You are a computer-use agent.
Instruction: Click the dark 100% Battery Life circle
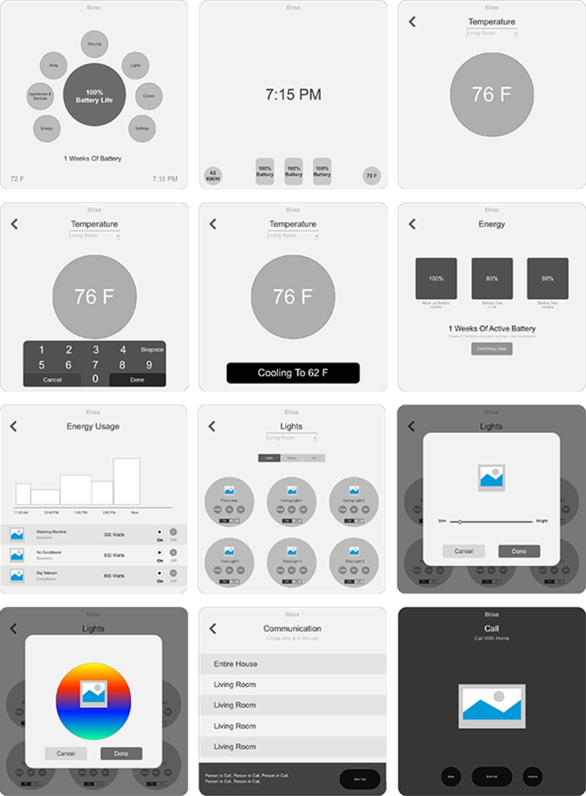(94, 95)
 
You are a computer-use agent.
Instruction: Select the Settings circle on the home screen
(142, 128)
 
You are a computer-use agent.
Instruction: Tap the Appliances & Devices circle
(40, 96)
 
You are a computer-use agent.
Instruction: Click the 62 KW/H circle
(213, 176)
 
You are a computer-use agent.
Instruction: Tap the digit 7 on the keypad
(95, 365)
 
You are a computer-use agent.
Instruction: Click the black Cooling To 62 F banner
(293, 373)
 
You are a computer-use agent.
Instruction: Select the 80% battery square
(492, 279)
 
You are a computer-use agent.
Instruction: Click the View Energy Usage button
(492, 349)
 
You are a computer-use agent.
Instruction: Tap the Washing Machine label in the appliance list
(51, 532)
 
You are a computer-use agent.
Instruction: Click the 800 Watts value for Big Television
(114, 576)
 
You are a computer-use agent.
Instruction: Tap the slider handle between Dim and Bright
(460, 522)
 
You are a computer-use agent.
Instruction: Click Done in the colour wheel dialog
(121, 753)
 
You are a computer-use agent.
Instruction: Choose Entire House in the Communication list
(236, 664)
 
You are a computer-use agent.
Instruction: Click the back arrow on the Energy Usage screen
(14, 426)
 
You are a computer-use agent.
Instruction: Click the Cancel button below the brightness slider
(464, 551)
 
